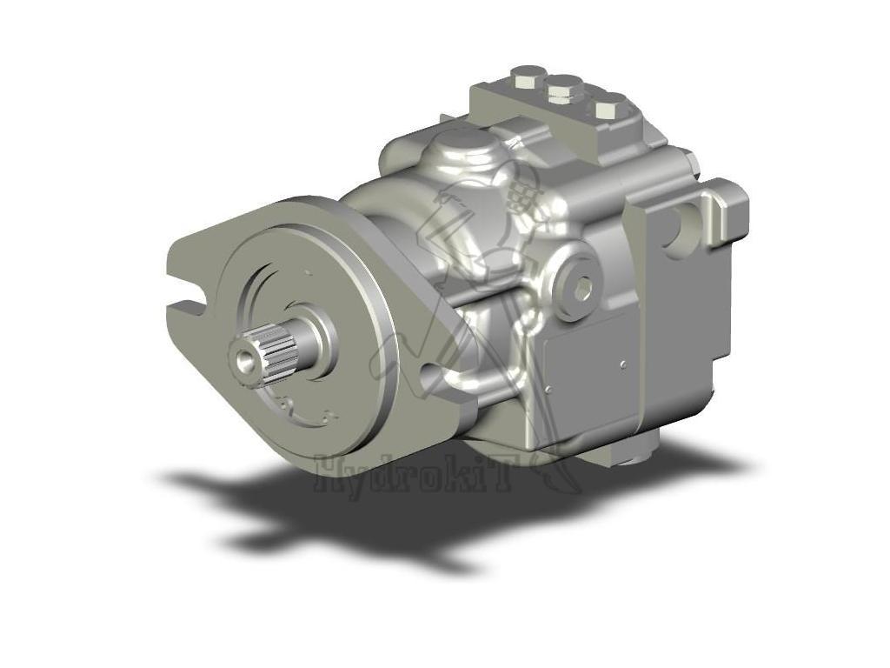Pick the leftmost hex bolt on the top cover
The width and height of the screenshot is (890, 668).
[525, 77]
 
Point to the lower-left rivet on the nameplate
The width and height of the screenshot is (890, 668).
[548, 390]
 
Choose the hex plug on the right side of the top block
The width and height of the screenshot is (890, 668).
[687, 161]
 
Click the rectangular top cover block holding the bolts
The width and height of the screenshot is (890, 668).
[565, 117]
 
